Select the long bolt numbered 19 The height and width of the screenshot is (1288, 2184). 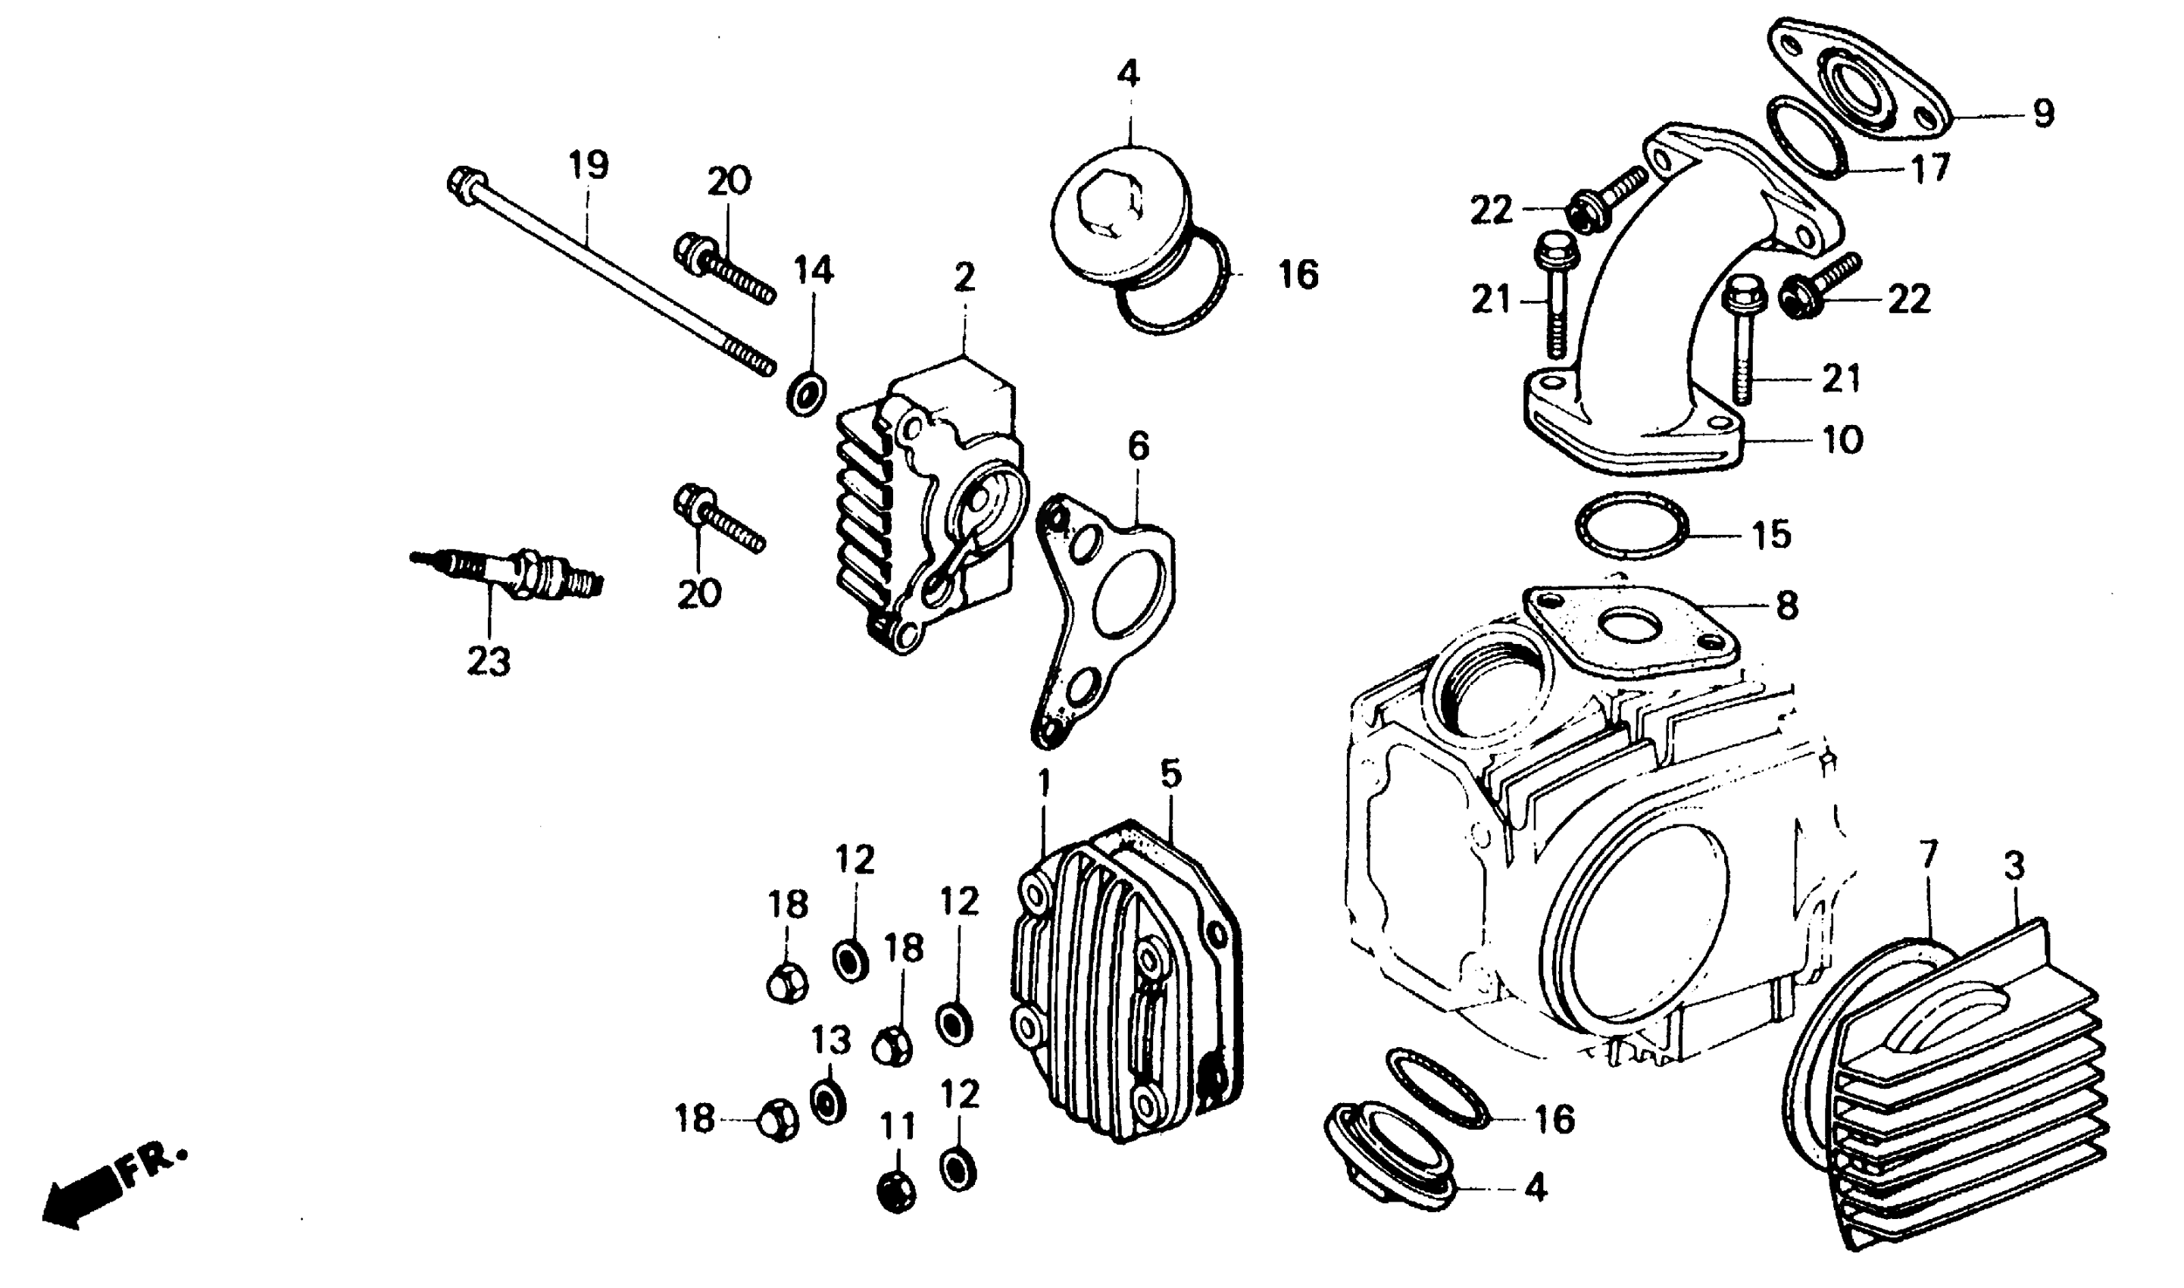tap(608, 278)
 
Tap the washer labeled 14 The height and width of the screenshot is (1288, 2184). tap(806, 395)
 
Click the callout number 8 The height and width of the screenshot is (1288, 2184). tap(1786, 607)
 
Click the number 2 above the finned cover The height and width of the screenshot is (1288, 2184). tap(964, 278)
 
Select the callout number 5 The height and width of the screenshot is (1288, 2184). tap(1170, 774)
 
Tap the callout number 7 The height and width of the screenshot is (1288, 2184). tap(1928, 857)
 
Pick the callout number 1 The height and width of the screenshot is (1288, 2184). tap(1044, 783)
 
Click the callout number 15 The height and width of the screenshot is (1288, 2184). tap(1771, 536)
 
